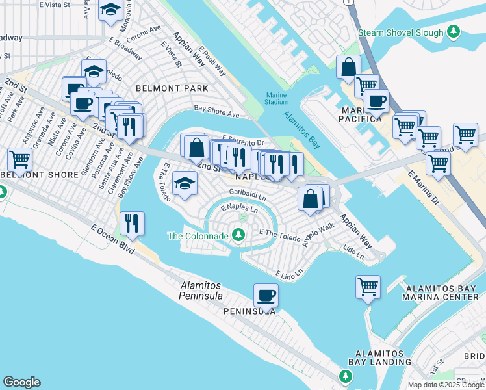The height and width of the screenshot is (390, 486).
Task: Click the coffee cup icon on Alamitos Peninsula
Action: click(266, 296)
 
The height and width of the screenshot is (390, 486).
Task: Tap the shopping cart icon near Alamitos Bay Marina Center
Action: click(368, 286)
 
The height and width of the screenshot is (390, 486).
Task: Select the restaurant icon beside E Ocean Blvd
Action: click(132, 223)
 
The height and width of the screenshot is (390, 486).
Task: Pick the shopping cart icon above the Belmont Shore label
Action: click(19, 159)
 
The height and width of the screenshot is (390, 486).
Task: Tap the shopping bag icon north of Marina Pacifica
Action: click(349, 67)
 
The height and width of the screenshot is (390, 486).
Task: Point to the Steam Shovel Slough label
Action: click(401, 32)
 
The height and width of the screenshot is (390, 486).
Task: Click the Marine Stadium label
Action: click(276, 98)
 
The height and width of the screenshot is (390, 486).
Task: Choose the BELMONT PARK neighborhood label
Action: click(172, 88)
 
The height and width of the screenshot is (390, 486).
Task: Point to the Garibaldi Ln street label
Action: click(248, 194)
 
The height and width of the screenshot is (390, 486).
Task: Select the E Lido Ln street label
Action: click(289, 274)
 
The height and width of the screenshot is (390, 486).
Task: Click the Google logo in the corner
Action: click(21, 382)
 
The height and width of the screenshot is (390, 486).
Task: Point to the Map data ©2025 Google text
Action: click(446, 385)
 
